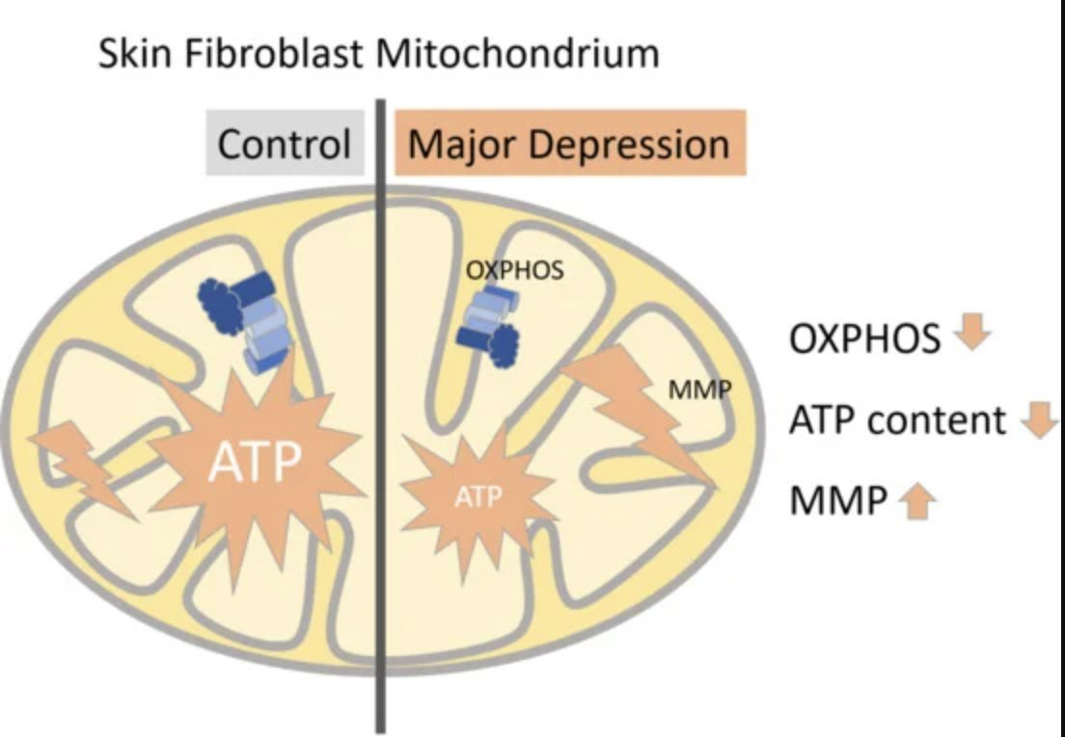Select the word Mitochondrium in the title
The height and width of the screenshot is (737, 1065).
coord(517,54)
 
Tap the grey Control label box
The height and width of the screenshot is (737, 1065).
coord(285,146)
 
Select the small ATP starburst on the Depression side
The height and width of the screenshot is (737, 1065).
coord(478,496)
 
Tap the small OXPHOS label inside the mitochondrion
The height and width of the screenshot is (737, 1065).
coord(514,271)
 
